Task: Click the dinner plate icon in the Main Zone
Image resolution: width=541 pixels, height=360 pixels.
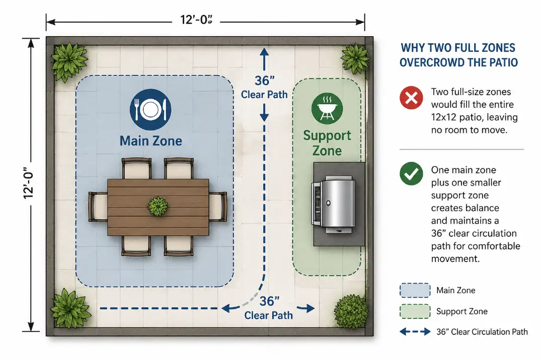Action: (x=150, y=110)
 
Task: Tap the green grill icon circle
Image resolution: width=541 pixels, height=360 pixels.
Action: (x=327, y=108)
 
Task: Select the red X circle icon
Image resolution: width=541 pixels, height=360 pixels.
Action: (x=411, y=98)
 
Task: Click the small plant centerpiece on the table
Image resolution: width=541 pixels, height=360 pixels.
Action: (x=158, y=206)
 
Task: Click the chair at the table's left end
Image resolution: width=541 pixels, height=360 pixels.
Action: (x=98, y=206)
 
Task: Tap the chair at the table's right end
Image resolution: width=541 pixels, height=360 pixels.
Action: (x=218, y=206)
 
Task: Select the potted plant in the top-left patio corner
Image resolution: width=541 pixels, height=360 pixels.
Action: (x=70, y=62)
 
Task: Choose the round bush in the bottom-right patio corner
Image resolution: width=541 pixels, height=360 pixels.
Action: (x=351, y=311)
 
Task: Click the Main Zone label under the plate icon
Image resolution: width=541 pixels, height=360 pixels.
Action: (x=150, y=140)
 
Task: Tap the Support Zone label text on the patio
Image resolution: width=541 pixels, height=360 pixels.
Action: (x=327, y=143)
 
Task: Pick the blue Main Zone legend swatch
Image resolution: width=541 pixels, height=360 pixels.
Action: (x=415, y=290)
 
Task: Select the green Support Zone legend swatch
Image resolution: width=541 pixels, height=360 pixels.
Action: (x=415, y=311)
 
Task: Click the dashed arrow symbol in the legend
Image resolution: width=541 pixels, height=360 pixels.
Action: (x=415, y=332)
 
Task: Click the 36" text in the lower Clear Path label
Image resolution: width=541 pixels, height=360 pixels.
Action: (x=269, y=302)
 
